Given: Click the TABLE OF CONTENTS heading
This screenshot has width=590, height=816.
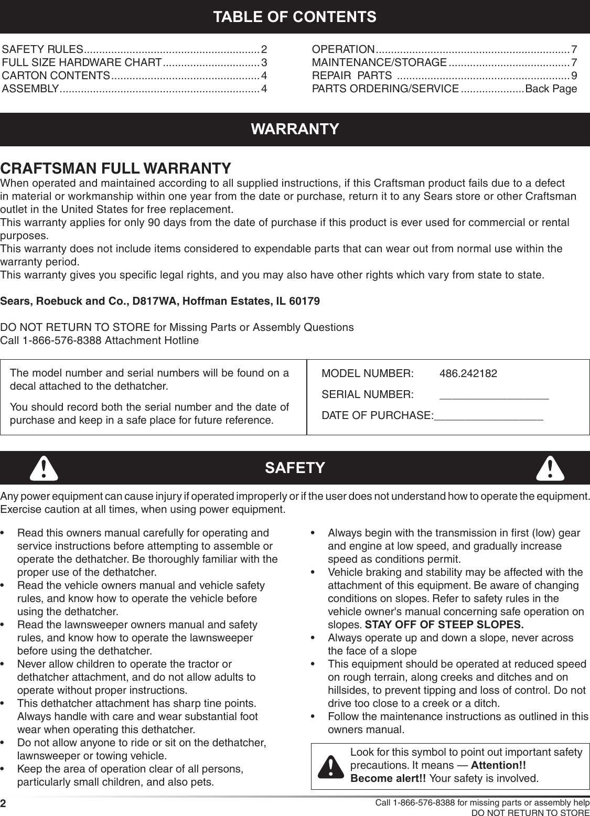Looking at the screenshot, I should click(x=294, y=17).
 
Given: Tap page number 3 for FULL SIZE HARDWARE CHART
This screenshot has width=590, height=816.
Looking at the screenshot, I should click(x=264, y=63).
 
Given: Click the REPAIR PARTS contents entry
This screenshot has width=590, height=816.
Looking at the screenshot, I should click(x=351, y=76).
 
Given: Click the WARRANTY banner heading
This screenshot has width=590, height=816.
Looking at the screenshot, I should click(x=295, y=129).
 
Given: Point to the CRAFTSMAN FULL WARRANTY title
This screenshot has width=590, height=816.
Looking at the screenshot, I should click(x=116, y=169).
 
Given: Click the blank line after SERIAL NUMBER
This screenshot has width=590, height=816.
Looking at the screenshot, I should click(x=494, y=397).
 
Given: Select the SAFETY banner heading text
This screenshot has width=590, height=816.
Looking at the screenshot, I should click(x=295, y=468).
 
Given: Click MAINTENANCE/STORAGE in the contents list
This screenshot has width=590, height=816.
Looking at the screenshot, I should click(x=379, y=63).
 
